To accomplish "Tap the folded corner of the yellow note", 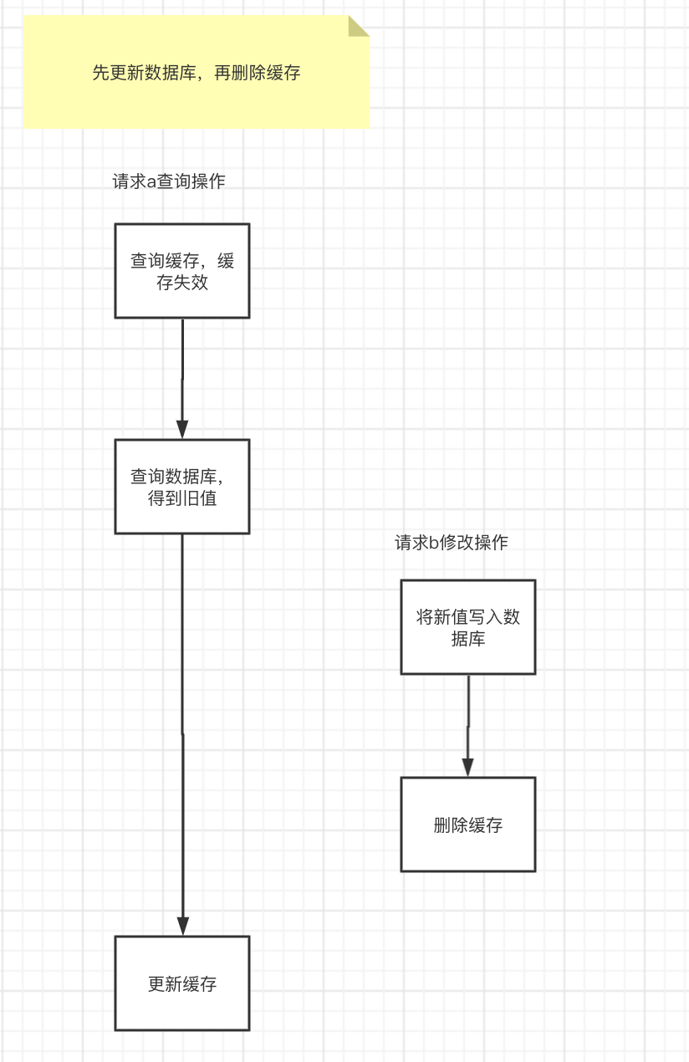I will tap(358, 26).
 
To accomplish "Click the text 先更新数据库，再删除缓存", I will tap(196, 73).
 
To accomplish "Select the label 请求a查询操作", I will tap(169, 181).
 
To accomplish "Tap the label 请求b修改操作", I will tap(452, 543).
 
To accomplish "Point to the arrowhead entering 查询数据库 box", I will tap(182, 429).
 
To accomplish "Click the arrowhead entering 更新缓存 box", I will tap(182, 926).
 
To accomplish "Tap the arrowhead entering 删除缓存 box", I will tap(468, 767).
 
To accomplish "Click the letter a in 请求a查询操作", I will tap(151, 182).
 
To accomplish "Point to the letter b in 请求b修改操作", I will tap(434, 543).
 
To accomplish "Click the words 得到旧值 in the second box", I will tap(182, 499).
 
